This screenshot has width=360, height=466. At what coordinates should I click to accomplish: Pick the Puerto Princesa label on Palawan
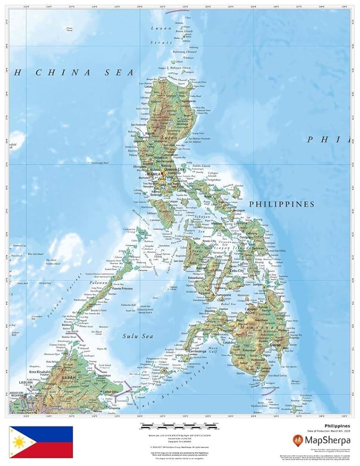(122, 289)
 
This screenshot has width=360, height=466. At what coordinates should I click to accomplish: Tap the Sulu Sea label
(131, 336)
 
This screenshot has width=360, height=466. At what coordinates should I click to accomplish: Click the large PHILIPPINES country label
(282, 204)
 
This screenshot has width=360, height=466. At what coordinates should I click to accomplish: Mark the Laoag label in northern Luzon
(149, 86)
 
